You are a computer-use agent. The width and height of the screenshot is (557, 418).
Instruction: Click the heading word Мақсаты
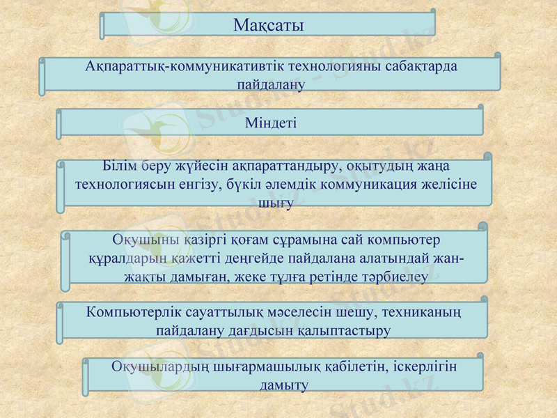268,26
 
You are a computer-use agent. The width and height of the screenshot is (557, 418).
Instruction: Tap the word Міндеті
271,123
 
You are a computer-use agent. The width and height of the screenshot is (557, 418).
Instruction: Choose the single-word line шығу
275,203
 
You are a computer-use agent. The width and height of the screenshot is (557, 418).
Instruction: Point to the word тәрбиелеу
394,276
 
